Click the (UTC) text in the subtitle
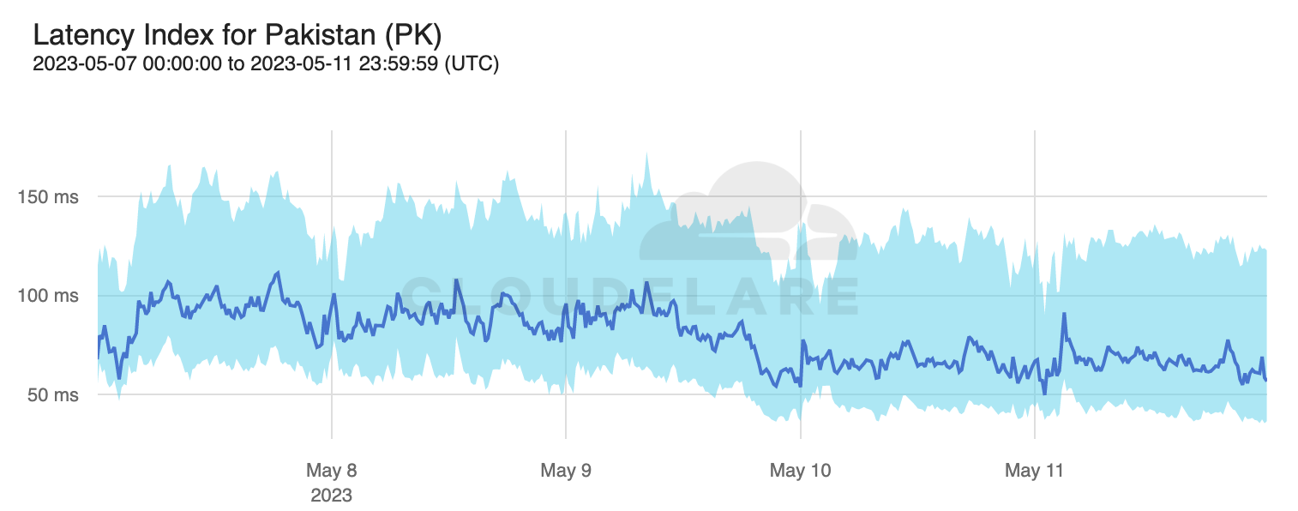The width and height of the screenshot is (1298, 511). pyautogui.click(x=472, y=63)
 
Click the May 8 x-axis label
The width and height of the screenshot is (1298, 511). pyautogui.click(x=331, y=471)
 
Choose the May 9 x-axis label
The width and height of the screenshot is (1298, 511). pyautogui.click(x=566, y=471)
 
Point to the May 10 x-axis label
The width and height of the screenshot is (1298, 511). pyautogui.click(x=800, y=471)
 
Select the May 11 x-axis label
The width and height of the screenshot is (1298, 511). pyautogui.click(x=1034, y=471)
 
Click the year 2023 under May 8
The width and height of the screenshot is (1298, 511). pyautogui.click(x=331, y=496)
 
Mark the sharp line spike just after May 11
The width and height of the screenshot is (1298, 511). pyautogui.click(x=1064, y=314)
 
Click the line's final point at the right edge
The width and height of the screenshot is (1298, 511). pyautogui.click(x=1266, y=380)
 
